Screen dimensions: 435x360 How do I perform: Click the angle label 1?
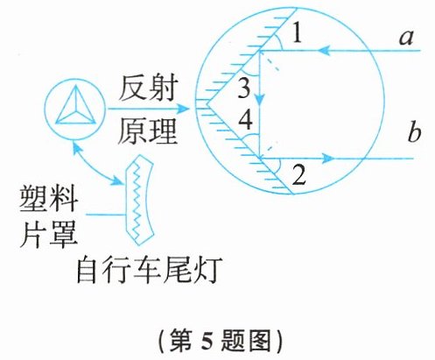pyautogui.click(x=297, y=32)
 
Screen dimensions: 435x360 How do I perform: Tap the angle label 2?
pyautogui.click(x=298, y=174)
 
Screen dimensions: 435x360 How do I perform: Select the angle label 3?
pyautogui.click(x=244, y=88)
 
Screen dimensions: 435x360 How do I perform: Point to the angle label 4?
pyautogui.click(x=245, y=119)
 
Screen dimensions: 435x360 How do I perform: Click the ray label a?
pyautogui.click(x=406, y=38)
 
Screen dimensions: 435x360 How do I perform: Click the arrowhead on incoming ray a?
pyautogui.click(x=324, y=51)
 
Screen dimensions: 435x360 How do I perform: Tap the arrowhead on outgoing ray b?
pyautogui.click(x=328, y=159)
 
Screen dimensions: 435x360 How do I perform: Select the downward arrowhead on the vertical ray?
pyautogui.click(x=260, y=100)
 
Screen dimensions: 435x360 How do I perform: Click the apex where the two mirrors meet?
pyautogui.click(x=207, y=103)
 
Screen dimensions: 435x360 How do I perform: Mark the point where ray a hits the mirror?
pyautogui.click(x=260, y=51)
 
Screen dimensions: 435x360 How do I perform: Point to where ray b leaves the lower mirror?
pyautogui.click(x=260, y=159)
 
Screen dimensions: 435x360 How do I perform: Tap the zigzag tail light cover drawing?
pyautogui.click(x=139, y=200)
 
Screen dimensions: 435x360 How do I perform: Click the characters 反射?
pyautogui.click(x=148, y=88)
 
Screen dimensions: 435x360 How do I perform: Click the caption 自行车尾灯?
pyautogui.click(x=148, y=269)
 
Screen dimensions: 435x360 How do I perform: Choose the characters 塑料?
pyautogui.click(x=48, y=199)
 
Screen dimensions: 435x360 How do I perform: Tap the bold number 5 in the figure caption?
pyautogui.click(x=207, y=341)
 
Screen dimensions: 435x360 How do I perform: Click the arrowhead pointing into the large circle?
pyautogui.click(x=183, y=109)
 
